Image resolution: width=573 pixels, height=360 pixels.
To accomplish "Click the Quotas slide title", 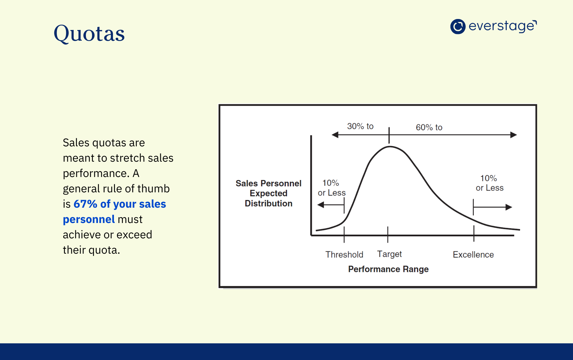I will tap(89, 34).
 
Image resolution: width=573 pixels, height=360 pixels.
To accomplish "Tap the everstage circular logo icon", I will tap(458, 26).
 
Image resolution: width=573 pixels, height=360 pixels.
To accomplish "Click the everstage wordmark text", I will tap(502, 26).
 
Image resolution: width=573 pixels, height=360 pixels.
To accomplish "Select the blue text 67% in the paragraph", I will tap(85, 204).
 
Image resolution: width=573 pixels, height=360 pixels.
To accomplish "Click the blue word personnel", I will tap(89, 219).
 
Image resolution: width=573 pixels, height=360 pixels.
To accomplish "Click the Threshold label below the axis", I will tap(344, 255).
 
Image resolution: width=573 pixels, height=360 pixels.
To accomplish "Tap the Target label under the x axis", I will tap(389, 254).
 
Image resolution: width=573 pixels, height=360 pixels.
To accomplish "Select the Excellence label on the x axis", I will tap(473, 255).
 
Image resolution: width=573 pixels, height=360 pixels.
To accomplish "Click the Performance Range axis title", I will tap(388, 269).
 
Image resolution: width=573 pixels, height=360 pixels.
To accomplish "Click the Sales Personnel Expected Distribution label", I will tap(269, 193).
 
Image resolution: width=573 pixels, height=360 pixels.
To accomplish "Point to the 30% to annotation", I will tap(360, 126).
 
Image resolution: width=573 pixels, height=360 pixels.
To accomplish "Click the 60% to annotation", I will tap(429, 127).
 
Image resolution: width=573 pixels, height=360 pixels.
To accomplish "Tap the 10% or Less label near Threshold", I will tap(331, 188).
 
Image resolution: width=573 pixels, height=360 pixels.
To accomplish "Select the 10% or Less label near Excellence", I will tap(489, 183).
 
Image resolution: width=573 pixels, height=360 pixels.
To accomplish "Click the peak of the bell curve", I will tap(389, 147).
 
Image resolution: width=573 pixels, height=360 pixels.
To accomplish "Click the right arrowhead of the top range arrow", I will tap(514, 135).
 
